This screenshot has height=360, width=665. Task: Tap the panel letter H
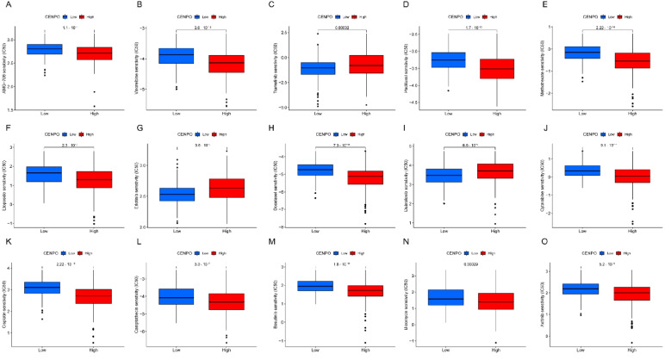[270, 127]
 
